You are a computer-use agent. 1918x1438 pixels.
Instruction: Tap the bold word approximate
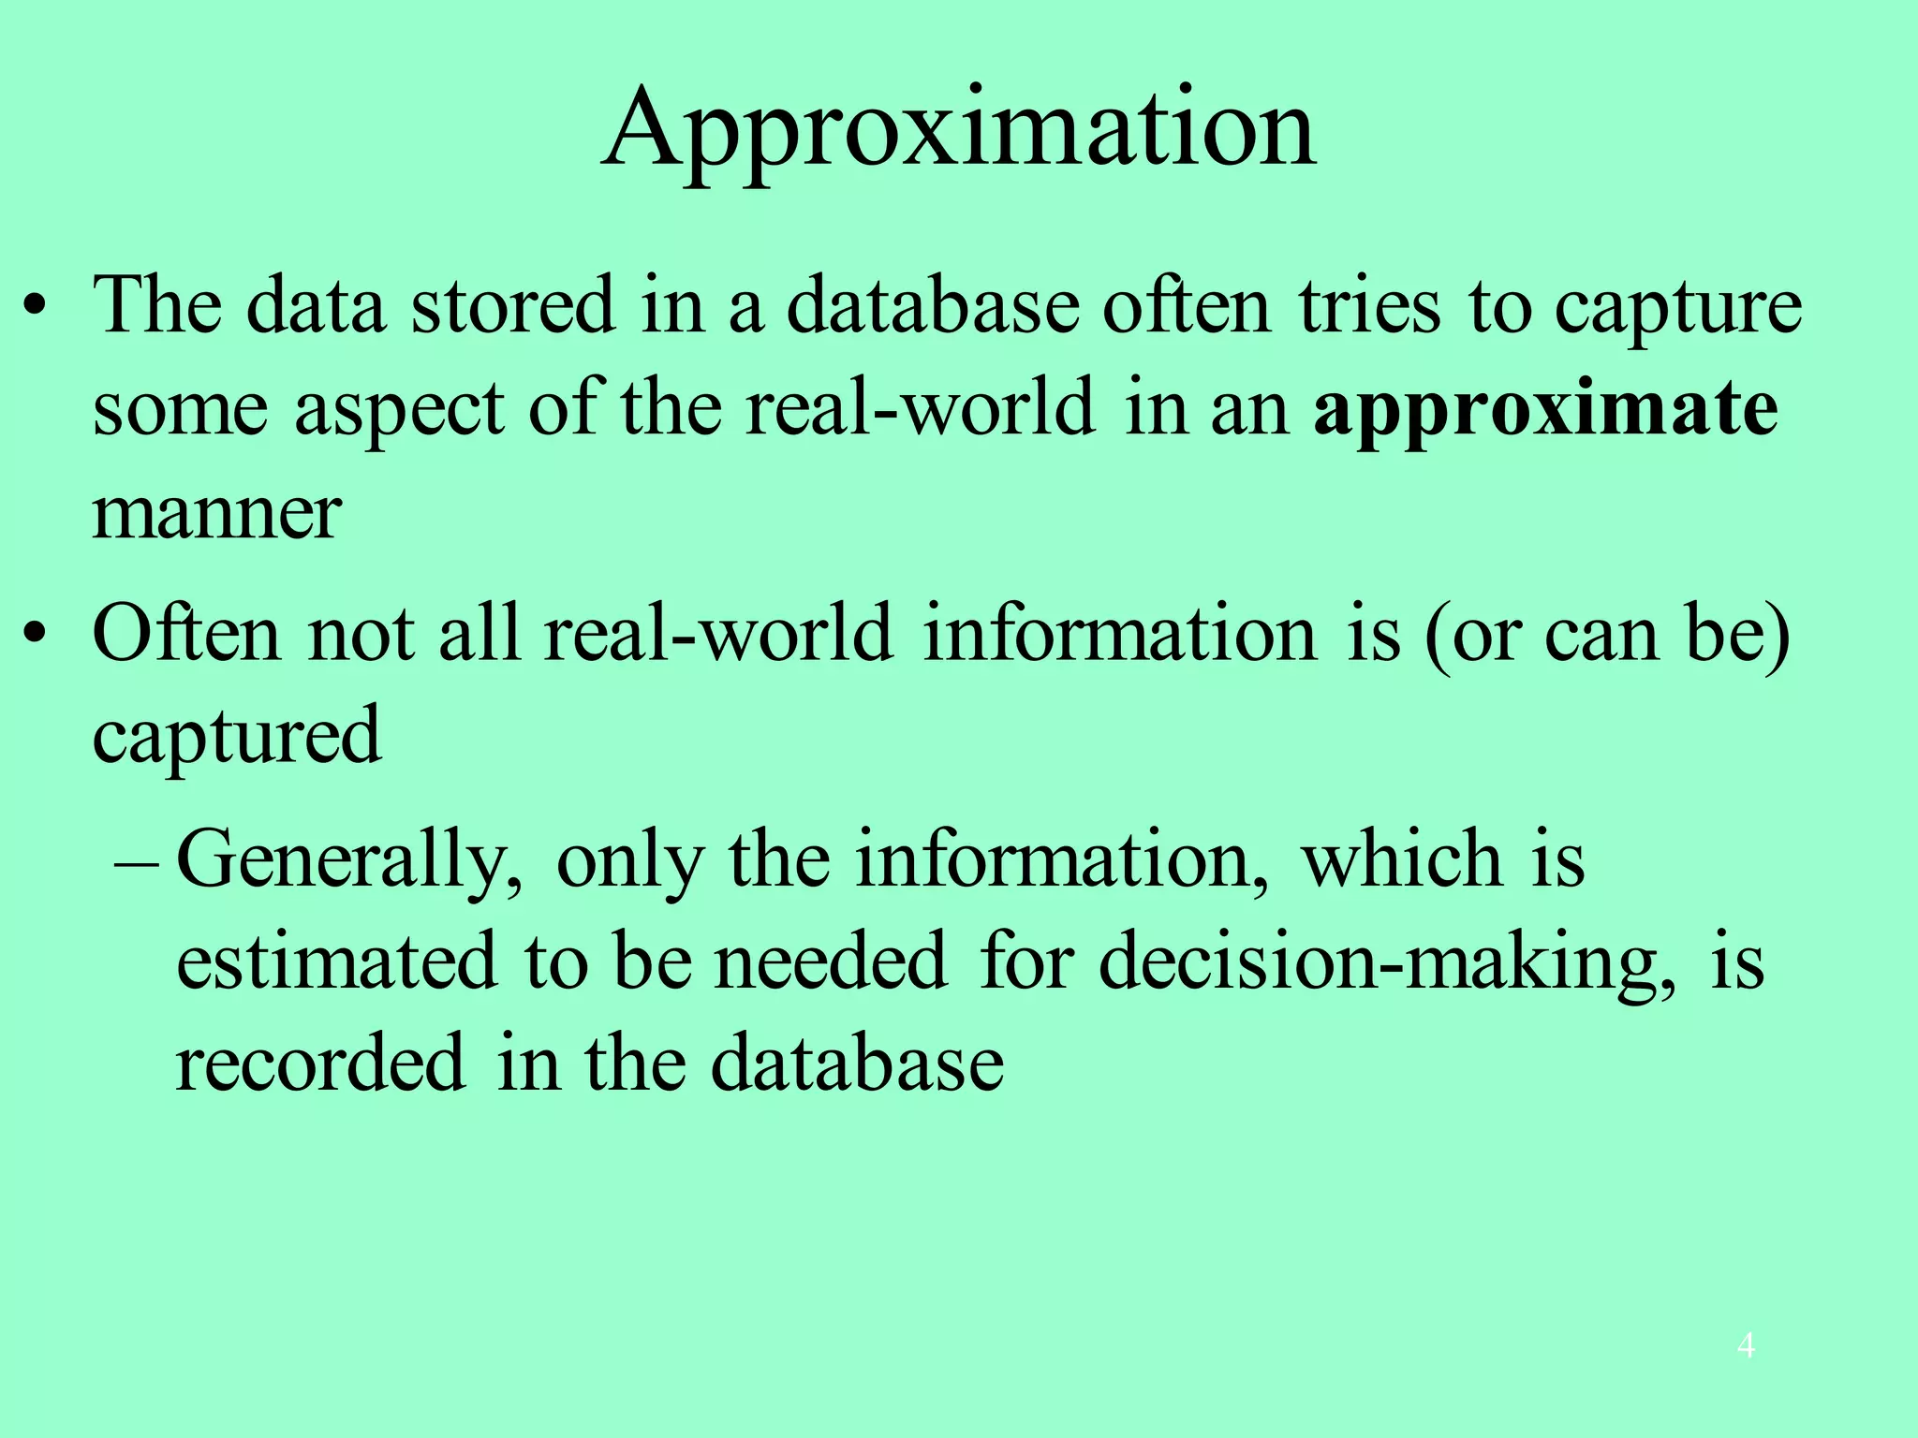1545,408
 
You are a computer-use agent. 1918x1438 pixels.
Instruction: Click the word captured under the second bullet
237,736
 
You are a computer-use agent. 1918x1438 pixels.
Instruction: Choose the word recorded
320,1064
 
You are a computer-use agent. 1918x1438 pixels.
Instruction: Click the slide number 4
1746,1346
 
